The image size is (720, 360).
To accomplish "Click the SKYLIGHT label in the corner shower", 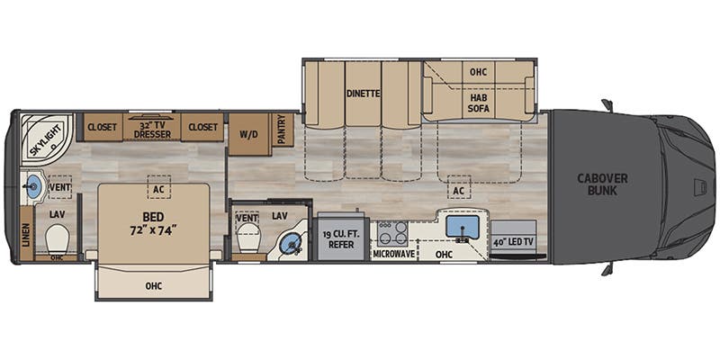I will tap(37, 137).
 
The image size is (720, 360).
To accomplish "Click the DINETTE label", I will tap(363, 93).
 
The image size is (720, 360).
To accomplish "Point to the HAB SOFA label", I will tap(477, 99).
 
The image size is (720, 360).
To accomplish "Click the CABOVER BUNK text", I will tap(603, 184).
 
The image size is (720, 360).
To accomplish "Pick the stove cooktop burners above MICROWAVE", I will tap(392, 232).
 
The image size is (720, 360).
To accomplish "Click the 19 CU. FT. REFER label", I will tap(341, 239).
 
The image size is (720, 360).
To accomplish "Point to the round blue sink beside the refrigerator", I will tap(290, 243).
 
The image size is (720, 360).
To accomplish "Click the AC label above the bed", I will tap(158, 190).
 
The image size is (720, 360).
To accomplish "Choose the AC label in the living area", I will tap(459, 191).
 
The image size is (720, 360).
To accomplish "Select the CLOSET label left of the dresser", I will tap(102, 128).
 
